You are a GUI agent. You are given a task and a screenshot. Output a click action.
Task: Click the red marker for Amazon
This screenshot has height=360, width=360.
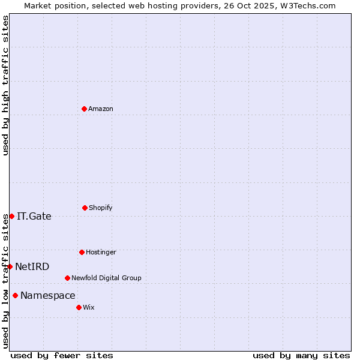[x=84, y=109]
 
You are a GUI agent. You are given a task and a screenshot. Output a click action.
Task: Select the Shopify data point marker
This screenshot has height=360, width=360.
[x=85, y=208]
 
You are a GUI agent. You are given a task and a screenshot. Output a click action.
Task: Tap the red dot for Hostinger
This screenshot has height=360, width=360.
[x=82, y=252]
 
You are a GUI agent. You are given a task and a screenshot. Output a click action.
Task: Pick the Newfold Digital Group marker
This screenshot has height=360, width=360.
[x=67, y=278]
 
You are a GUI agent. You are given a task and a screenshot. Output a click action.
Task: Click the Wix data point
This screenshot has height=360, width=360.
[x=79, y=307]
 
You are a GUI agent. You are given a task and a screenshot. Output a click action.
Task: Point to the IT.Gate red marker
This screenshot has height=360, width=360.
[x=11, y=216]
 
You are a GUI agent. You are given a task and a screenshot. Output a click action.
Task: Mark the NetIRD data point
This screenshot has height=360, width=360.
[x=10, y=266]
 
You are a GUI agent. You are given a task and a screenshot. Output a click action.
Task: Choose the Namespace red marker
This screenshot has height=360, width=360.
[x=15, y=295]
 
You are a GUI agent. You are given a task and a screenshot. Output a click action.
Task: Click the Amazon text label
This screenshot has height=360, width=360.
[x=101, y=109]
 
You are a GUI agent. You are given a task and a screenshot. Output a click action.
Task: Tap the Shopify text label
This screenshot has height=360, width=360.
[x=101, y=208]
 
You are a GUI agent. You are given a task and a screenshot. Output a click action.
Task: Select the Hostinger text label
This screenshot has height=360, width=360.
[x=101, y=253]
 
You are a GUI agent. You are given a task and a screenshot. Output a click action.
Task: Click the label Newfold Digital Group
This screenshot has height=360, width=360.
[x=106, y=278]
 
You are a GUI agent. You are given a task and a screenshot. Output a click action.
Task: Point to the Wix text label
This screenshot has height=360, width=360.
[x=89, y=308]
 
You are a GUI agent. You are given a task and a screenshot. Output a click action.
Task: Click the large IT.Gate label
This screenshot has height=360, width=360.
[x=34, y=217]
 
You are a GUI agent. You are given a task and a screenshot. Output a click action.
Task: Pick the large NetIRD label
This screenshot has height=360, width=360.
[x=32, y=267]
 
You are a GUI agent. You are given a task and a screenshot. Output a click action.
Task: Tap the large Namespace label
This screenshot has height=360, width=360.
[x=48, y=296]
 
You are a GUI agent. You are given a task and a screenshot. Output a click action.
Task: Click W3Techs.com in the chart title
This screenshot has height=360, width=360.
[x=305, y=5]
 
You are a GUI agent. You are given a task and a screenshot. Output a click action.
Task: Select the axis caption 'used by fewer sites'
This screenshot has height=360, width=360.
[x=62, y=355]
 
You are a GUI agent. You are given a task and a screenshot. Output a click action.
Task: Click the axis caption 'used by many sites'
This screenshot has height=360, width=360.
[x=301, y=355]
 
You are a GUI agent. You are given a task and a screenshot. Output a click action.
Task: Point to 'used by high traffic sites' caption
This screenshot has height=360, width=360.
[x=5, y=85]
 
